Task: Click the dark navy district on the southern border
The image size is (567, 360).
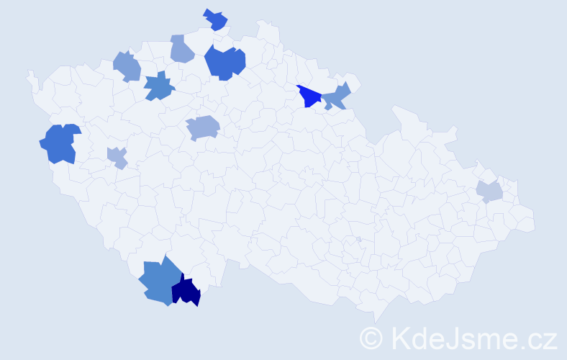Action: [x=186, y=292]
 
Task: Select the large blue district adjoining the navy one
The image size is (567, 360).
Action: [x=159, y=282]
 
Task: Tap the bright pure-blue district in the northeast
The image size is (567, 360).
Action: [x=309, y=96]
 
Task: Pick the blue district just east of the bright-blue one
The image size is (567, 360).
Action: [x=336, y=96]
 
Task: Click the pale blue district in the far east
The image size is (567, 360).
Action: [x=489, y=192]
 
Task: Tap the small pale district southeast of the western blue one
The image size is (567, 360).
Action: [x=117, y=157]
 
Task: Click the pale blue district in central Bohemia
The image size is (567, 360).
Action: [x=203, y=128]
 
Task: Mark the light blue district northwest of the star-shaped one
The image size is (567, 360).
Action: [x=127, y=66]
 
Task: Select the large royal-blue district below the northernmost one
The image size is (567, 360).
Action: [x=224, y=62]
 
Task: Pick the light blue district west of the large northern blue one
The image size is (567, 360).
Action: [x=182, y=49]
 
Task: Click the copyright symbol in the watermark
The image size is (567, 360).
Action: [x=371, y=338]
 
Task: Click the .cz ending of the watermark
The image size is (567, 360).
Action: [x=539, y=338]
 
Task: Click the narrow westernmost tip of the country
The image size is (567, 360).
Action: [x=30, y=75]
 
